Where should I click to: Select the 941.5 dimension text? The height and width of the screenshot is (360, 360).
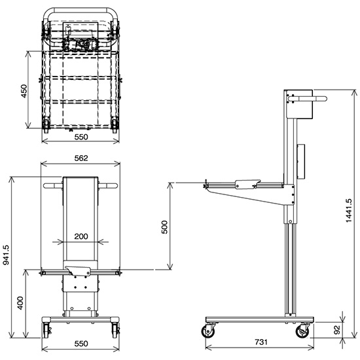[6, 256]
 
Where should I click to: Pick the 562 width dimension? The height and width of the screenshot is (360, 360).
[81, 158]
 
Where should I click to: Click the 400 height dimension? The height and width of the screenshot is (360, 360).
[20, 302]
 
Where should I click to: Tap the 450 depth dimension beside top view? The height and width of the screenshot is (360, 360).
[24, 91]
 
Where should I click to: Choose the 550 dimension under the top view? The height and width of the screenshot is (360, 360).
[81, 138]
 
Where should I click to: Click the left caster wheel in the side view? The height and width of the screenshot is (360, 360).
[209, 331]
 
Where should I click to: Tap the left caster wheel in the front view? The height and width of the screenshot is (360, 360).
[46, 329]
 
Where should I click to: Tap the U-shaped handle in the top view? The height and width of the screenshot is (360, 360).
[81, 12]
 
